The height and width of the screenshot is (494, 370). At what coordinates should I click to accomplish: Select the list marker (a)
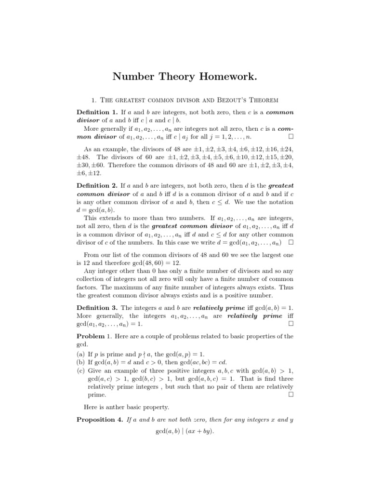(x=81, y=354)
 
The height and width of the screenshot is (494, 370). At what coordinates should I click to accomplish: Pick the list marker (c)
(x=81, y=370)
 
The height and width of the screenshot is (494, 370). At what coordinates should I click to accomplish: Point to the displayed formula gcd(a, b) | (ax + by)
(x=185, y=430)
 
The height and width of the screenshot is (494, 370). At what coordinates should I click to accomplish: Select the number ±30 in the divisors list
(x=84, y=165)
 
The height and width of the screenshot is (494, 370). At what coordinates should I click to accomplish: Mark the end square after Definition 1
(x=291, y=137)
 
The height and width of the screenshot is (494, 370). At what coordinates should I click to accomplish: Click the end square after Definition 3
(x=291, y=324)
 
